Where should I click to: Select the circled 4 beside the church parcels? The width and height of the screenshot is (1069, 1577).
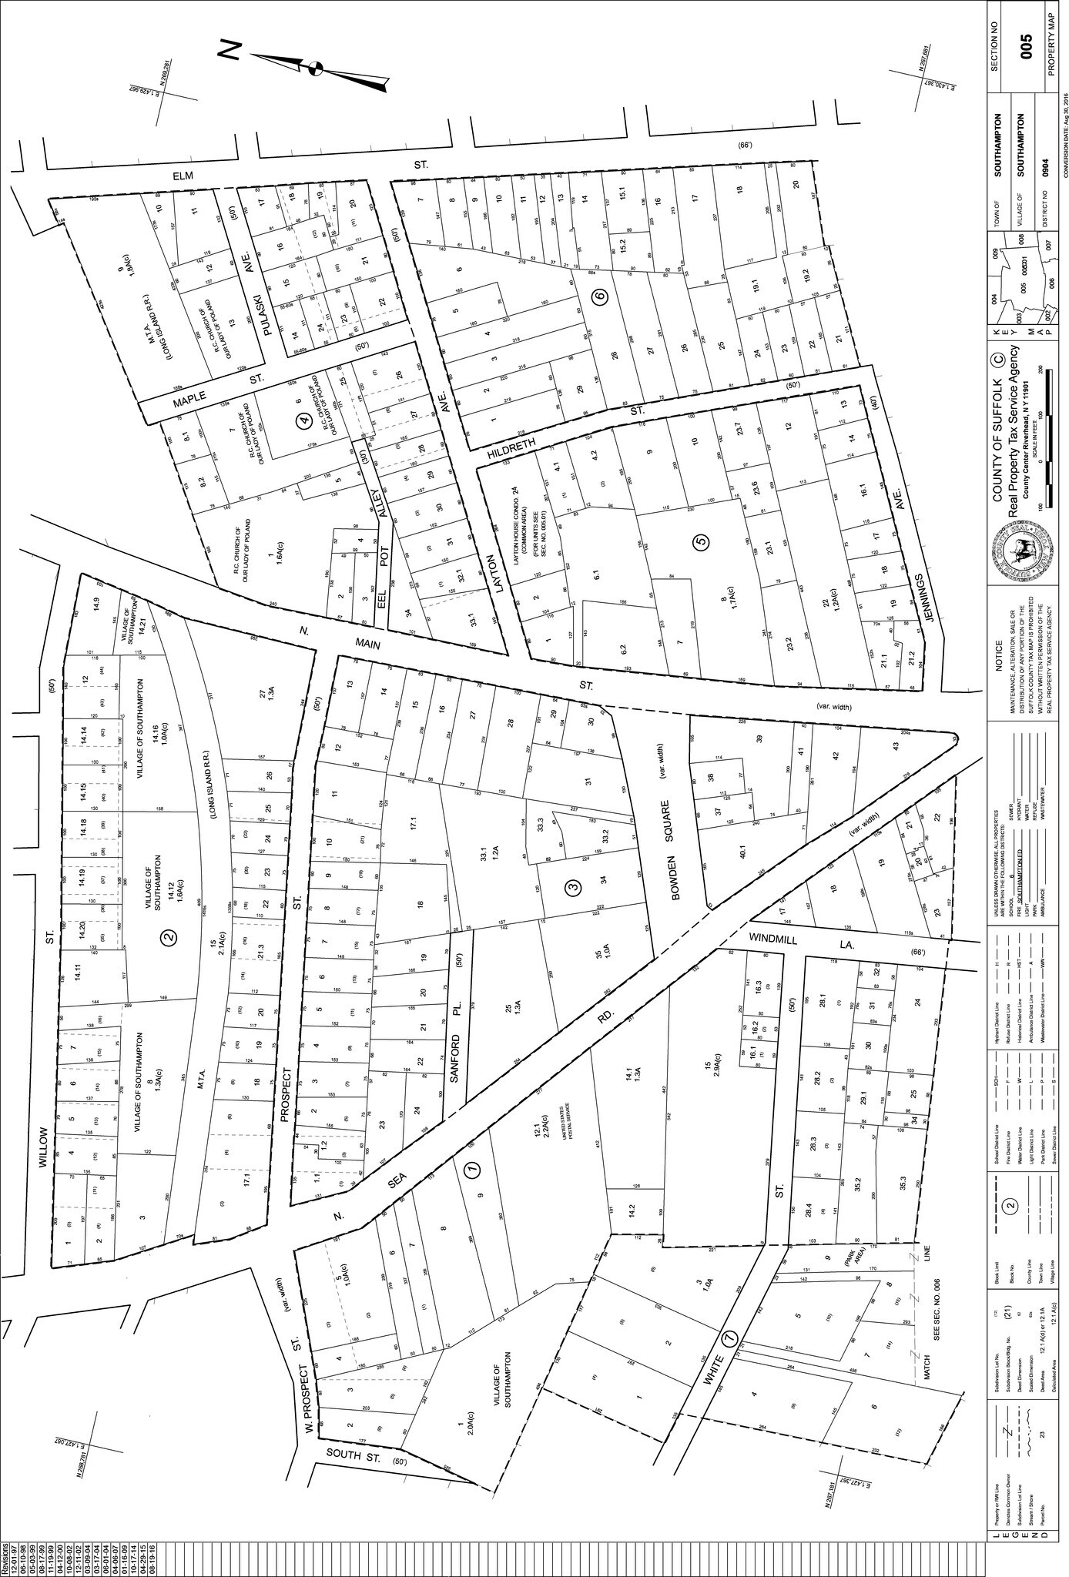coord(305,420)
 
